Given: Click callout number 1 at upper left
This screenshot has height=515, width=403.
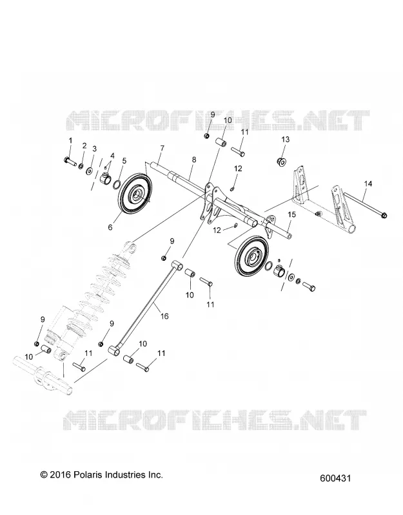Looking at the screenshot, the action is tap(70, 140).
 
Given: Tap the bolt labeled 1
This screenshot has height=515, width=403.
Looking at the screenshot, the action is tap(70, 161).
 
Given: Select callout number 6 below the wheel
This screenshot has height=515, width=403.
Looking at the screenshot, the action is tap(110, 227).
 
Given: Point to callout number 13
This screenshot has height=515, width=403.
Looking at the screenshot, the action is tap(285, 139).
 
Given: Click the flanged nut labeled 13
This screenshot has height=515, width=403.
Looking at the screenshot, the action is tap(282, 162).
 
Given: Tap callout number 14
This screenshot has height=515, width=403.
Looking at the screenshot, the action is tap(368, 183).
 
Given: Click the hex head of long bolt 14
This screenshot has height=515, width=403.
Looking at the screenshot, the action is tap(385, 215).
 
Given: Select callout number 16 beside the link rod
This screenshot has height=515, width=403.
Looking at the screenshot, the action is tap(164, 316).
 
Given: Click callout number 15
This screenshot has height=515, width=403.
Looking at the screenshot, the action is tap(292, 215).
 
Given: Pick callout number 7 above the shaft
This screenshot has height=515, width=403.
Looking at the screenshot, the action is tap(162, 149).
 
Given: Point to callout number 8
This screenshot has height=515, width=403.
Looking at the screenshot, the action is tap(194, 160).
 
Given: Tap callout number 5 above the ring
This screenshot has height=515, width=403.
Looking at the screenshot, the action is tap(124, 160).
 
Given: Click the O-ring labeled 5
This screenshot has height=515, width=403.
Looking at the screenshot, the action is tap(116, 185).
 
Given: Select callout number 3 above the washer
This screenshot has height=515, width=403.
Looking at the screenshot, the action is tap(94, 149).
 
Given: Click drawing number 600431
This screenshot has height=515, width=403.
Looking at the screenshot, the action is tap(335, 478).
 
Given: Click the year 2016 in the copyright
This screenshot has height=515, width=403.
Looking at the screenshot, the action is tap(61, 474).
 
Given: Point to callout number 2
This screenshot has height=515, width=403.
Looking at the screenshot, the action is tap(84, 145).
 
